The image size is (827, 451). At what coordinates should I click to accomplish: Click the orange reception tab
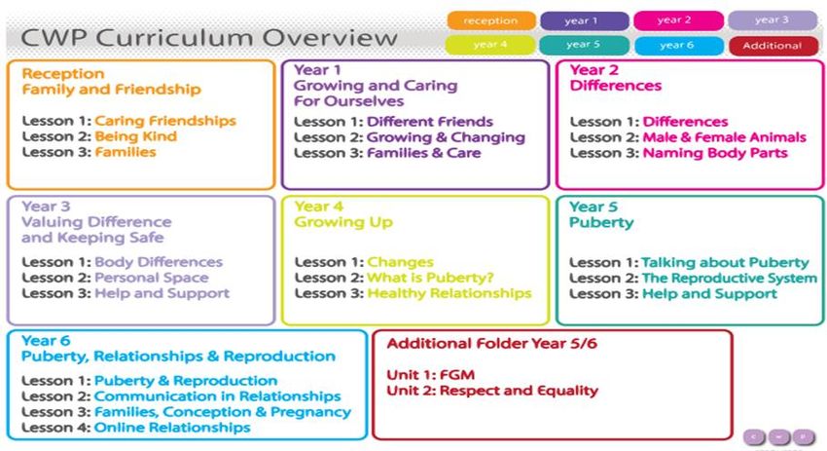point(491,20)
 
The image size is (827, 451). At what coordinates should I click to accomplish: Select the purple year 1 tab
point(585,20)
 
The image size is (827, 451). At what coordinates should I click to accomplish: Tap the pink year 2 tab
point(678,20)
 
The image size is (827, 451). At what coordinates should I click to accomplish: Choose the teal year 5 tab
point(584,45)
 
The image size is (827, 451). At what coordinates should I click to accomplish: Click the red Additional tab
point(773,46)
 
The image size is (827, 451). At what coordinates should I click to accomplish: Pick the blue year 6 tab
point(679,46)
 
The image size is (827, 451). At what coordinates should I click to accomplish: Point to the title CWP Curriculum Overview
point(209,38)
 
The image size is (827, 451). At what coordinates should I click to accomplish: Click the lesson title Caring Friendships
point(165,121)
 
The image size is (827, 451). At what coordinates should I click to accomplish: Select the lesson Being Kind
point(135,136)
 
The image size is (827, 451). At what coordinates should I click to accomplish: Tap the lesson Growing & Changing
point(446,137)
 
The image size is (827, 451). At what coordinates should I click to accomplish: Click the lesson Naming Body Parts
point(715,153)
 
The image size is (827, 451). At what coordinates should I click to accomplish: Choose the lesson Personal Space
point(152,278)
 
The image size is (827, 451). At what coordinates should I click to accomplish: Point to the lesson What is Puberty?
point(430,278)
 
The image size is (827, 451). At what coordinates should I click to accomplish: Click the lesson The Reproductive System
point(729,279)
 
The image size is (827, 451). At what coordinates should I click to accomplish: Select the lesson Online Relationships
point(172,428)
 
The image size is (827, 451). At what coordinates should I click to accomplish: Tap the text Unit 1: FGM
point(430,375)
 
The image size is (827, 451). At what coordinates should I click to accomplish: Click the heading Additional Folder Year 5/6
point(491,344)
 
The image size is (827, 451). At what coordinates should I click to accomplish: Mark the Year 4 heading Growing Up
point(343,222)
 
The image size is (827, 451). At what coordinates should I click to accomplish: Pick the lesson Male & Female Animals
point(724,137)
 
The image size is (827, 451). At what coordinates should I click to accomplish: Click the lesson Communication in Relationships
point(217,396)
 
